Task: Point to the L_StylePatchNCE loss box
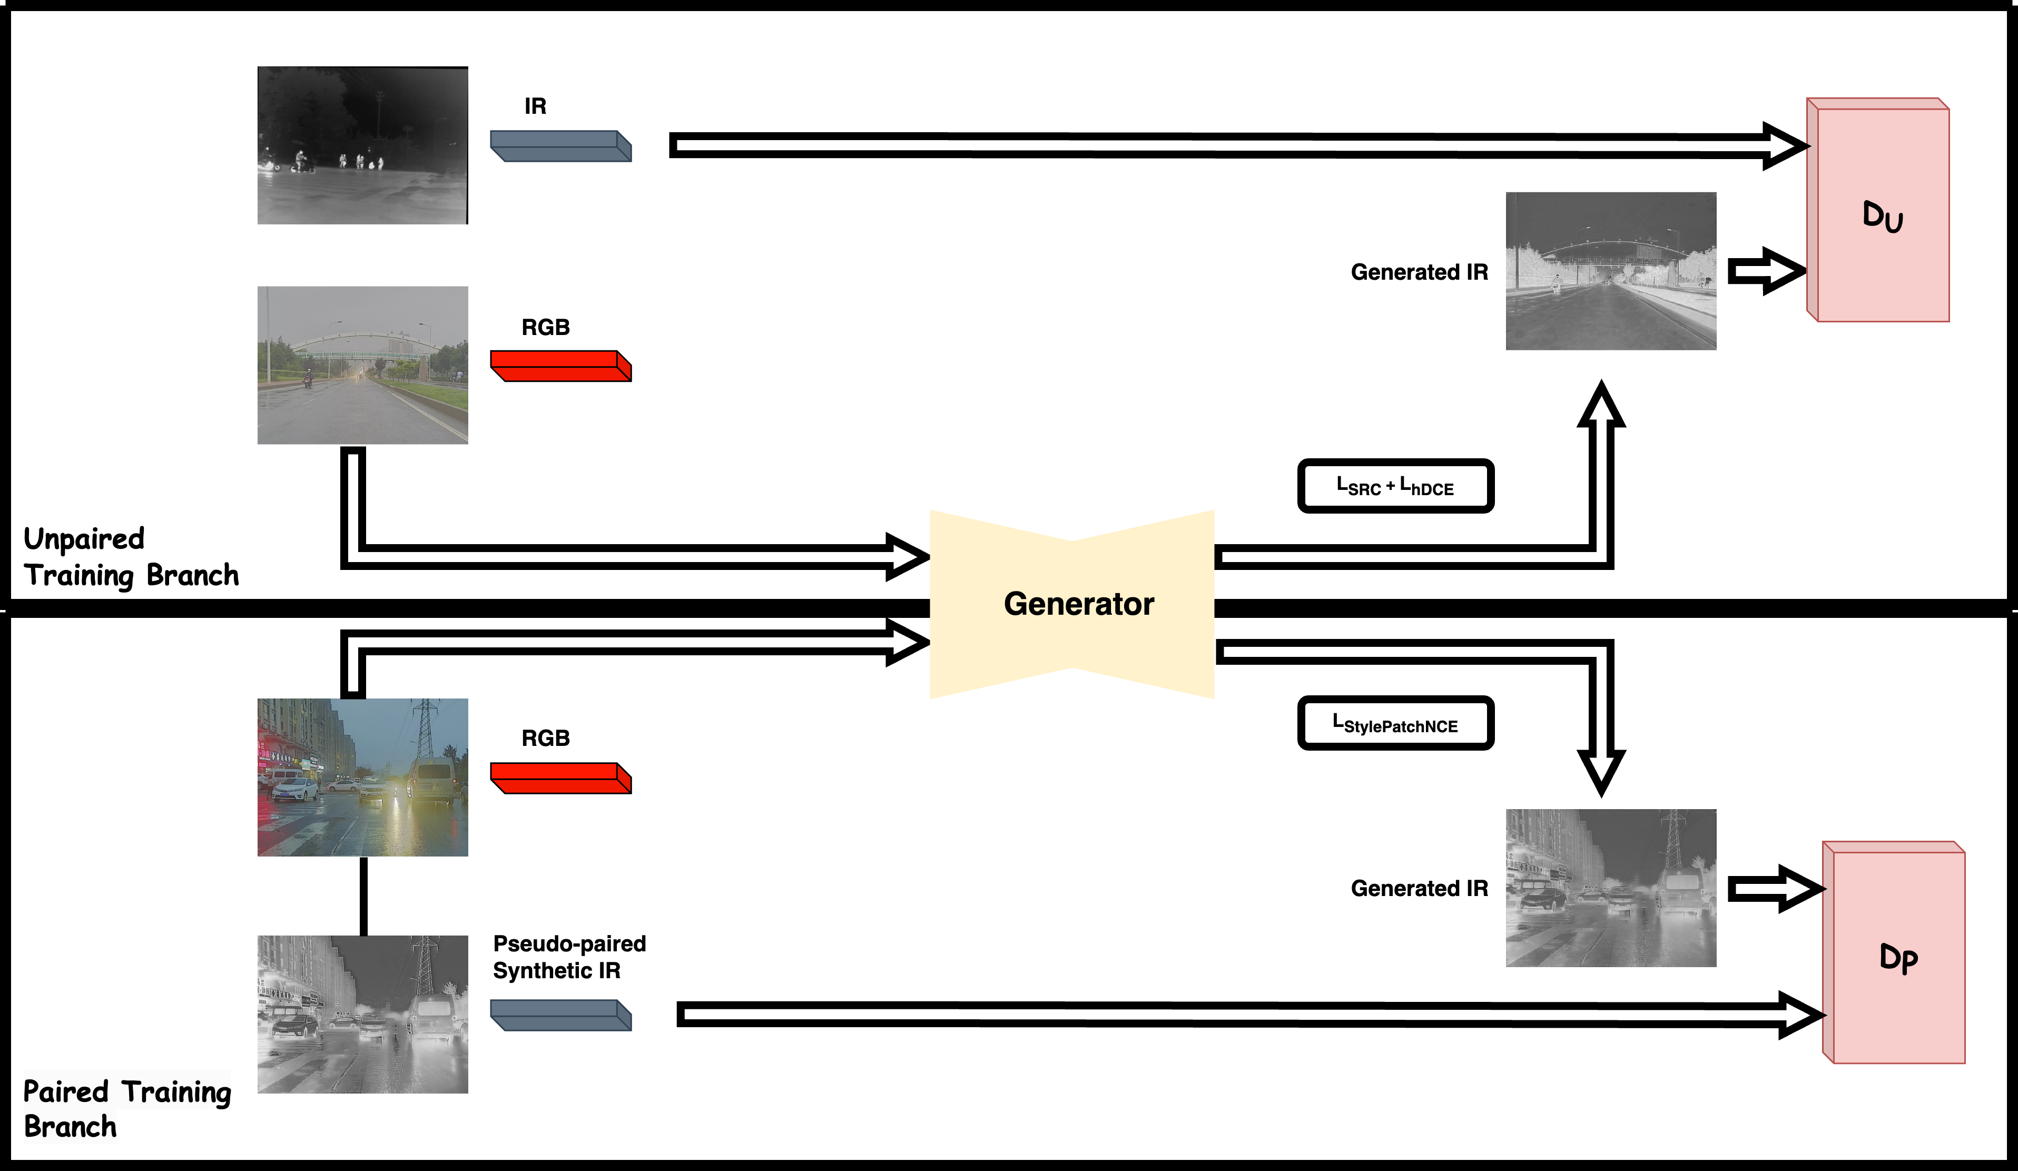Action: click(1395, 723)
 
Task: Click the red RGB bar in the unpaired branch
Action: click(560, 366)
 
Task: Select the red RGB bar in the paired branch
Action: click(560, 778)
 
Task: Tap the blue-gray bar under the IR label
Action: click(560, 146)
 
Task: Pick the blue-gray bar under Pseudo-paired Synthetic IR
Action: click(560, 1015)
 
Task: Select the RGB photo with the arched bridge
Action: click(363, 365)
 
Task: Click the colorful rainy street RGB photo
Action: click(363, 777)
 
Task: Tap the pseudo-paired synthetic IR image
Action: click(363, 1014)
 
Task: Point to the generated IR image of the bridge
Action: click(1610, 271)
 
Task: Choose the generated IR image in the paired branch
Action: click(1610, 888)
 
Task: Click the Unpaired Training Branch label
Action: click(131, 557)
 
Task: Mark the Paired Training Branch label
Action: click(126, 1108)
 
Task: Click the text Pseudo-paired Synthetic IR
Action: click(568, 957)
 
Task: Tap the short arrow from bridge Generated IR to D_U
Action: click(1766, 271)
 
